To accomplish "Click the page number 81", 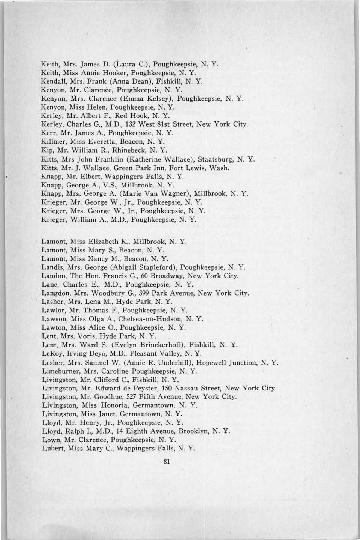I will coord(167,462).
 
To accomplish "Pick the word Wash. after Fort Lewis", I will coord(220,168).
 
